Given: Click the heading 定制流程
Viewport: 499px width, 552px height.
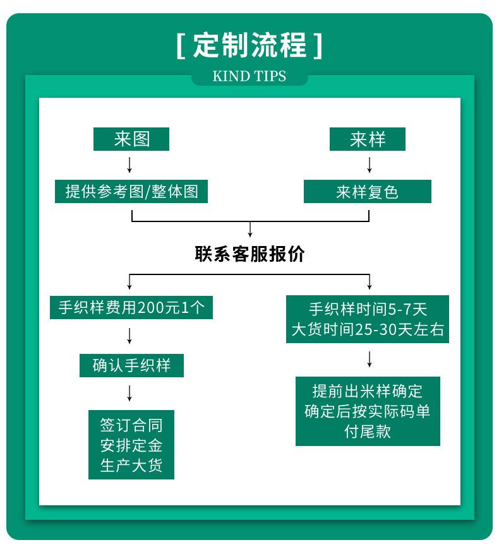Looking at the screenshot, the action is pos(249,45).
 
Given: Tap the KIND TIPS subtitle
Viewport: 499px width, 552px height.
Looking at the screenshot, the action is pos(249,76).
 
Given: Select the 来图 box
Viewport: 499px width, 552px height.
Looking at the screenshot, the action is pos(131,139).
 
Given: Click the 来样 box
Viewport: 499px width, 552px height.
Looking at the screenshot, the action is pos(368,139).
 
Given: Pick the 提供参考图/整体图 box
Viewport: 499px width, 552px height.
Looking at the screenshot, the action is pos(131,192).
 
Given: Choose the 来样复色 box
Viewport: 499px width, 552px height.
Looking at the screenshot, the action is pos(368,192).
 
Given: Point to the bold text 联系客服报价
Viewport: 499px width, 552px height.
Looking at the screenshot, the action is pos(249,254).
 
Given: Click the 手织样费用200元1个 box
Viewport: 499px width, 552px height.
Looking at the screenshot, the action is pos(131,308).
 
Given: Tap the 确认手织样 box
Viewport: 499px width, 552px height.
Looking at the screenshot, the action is pos(131,365).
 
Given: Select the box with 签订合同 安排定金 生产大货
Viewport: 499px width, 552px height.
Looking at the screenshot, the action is pos(131,445).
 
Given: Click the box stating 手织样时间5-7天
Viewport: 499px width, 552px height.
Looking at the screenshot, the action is pos(368,319).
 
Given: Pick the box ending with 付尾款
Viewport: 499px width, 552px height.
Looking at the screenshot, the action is pos(368,411).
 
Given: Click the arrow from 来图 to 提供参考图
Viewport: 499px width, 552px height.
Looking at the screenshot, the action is pos(129,165).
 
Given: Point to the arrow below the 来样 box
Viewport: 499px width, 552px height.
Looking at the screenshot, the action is pos(370,165).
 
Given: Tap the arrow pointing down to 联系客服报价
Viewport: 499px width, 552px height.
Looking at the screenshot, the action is pos(250,229).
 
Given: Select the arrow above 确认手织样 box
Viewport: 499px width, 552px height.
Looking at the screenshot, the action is pos(129,336).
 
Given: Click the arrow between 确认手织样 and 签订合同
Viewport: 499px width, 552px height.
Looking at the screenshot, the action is pos(129,393).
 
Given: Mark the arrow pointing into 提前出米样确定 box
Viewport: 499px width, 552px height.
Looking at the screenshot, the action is pos(370,359).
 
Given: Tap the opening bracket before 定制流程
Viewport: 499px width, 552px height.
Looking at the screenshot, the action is pos(181,45).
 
